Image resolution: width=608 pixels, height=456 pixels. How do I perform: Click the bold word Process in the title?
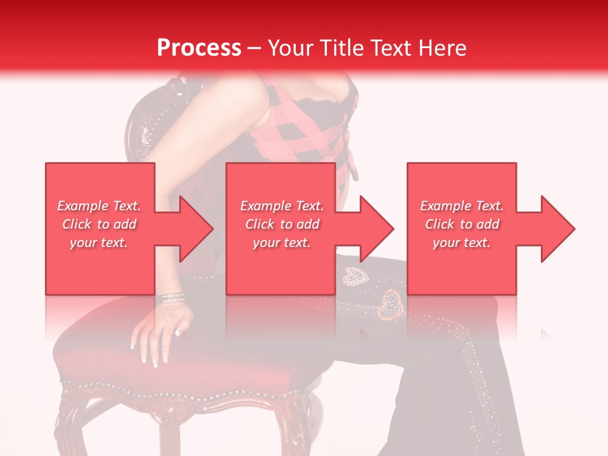[199, 48]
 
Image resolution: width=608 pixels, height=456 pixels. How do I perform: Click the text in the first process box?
[99, 224]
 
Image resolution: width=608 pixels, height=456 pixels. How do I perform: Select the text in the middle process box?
[282, 224]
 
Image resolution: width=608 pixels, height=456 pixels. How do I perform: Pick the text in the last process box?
[462, 224]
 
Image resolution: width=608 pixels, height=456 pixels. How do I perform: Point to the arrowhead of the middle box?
[376, 229]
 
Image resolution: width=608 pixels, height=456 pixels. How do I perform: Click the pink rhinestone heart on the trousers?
[390, 305]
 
